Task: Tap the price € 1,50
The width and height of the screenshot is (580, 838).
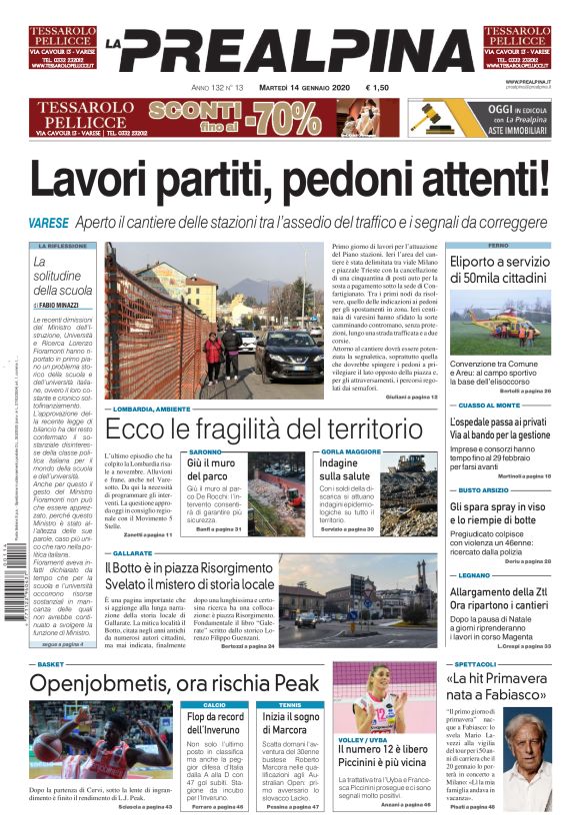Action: (x=379, y=88)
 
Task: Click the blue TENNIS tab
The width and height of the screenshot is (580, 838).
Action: (x=290, y=704)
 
